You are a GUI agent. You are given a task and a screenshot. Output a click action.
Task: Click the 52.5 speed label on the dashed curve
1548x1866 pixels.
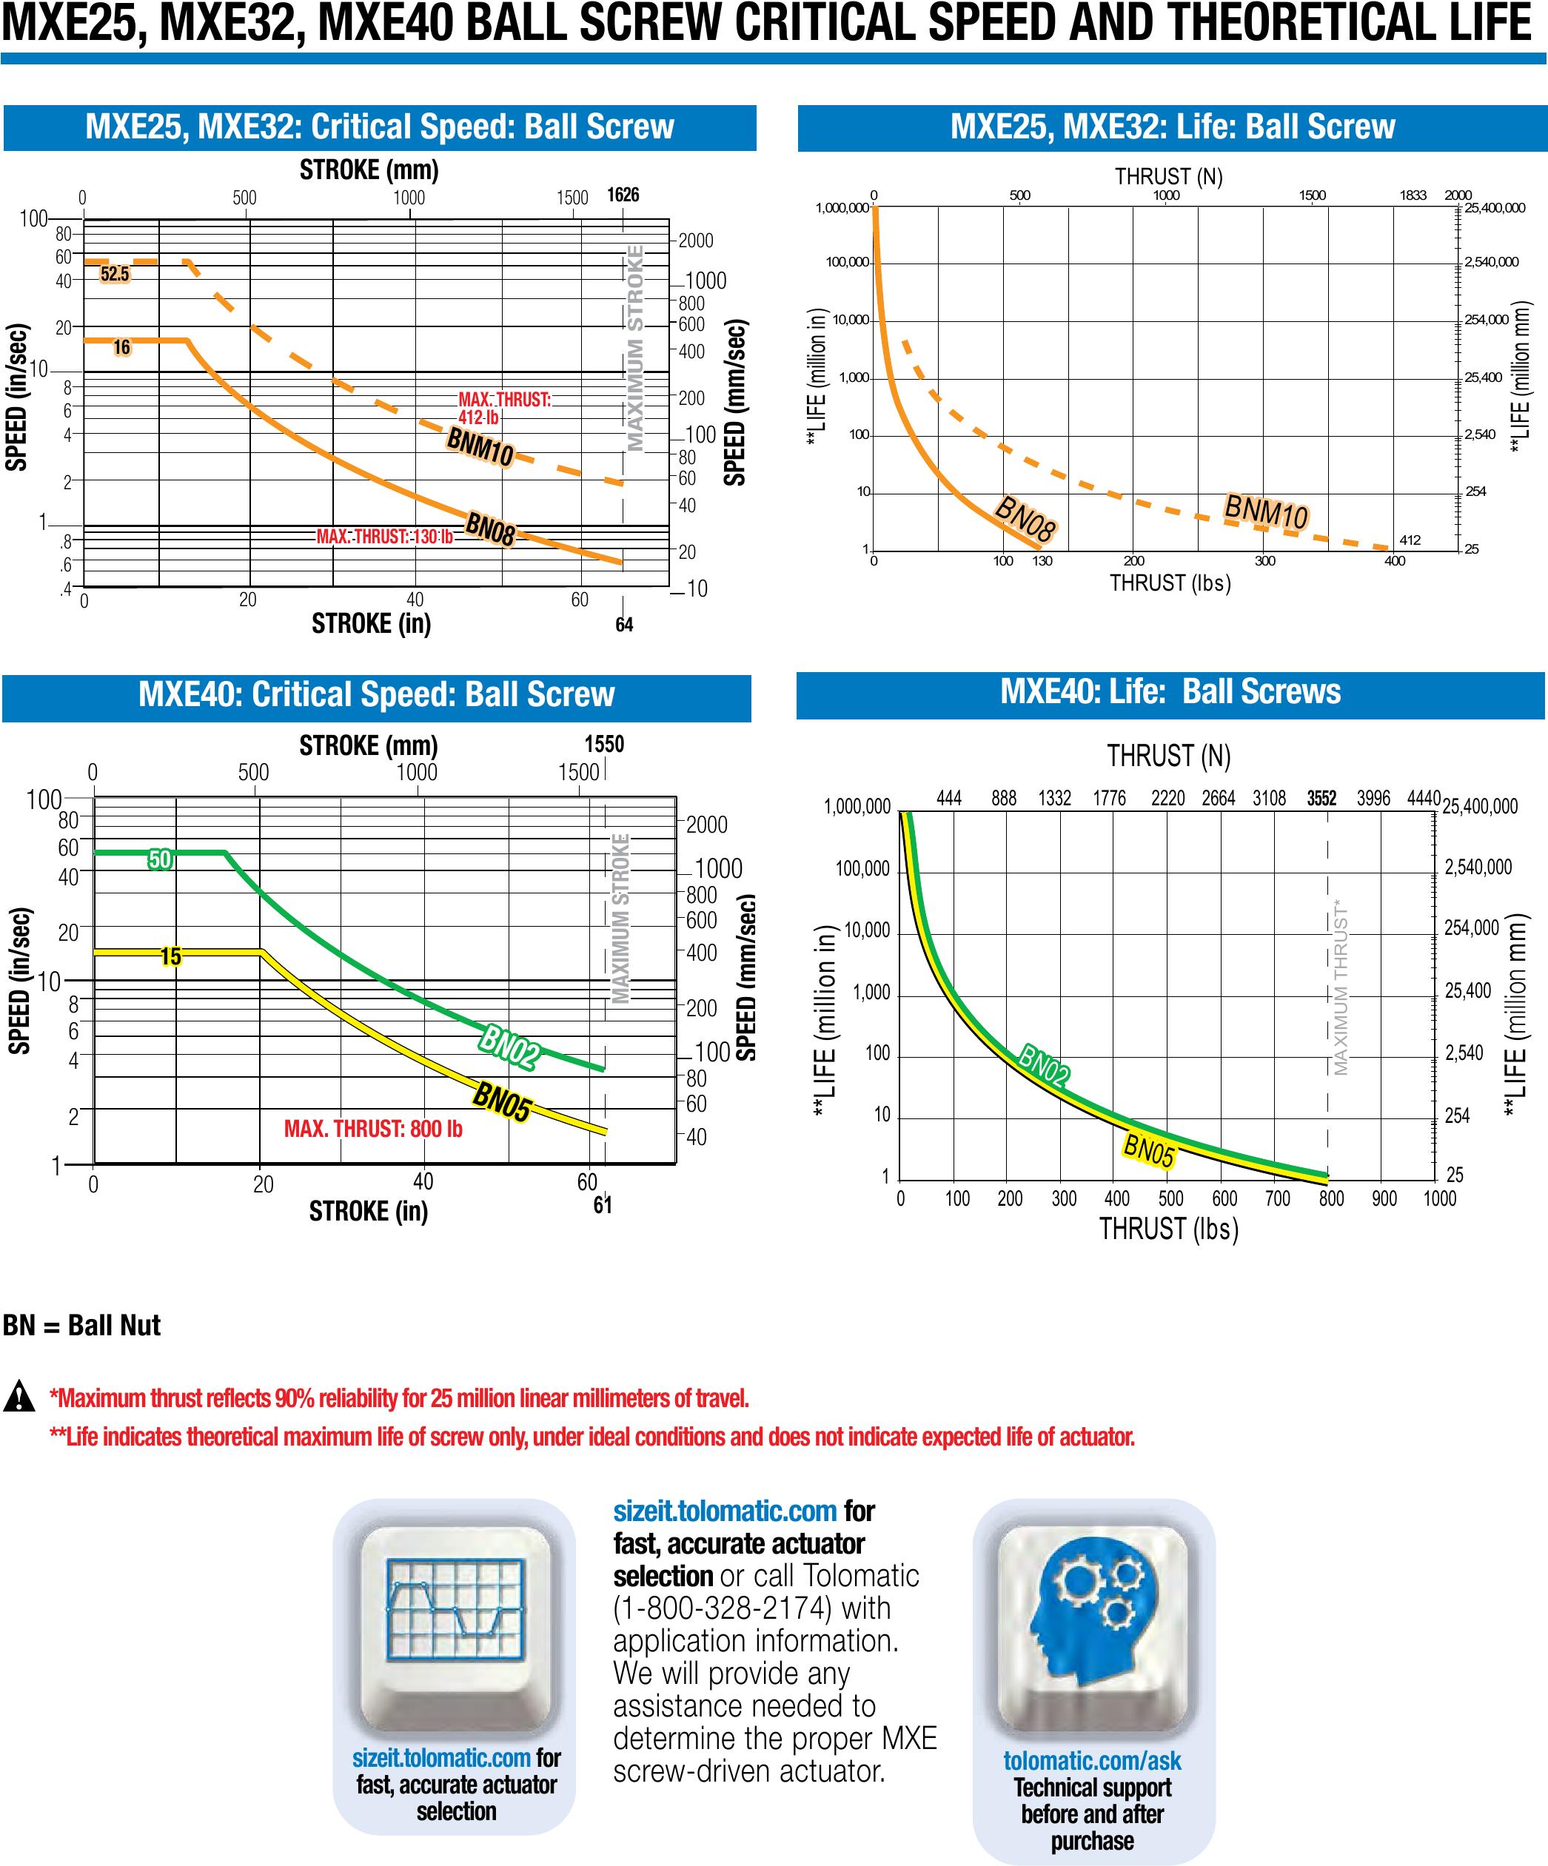point(115,274)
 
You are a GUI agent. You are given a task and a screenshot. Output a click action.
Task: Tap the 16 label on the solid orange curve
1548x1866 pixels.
point(121,347)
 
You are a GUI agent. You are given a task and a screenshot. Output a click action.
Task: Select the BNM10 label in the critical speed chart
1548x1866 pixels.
point(480,446)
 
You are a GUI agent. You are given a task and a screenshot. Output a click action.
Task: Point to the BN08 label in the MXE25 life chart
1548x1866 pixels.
point(1025,519)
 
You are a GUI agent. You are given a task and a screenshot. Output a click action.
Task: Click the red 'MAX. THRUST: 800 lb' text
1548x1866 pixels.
point(373,1129)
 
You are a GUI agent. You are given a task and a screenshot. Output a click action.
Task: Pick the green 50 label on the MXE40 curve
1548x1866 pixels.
point(160,859)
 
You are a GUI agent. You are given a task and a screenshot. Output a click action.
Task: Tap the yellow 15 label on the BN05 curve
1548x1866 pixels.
point(170,956)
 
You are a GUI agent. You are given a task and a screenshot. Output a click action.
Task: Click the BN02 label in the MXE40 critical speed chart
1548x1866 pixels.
point(509,1047)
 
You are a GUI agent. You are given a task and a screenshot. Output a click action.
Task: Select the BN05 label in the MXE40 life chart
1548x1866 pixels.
point(1149,1151)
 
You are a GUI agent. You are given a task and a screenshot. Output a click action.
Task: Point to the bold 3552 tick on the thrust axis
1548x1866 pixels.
point(1321,798)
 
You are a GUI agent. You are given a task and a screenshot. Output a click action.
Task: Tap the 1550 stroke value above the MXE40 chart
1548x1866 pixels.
point(604,744)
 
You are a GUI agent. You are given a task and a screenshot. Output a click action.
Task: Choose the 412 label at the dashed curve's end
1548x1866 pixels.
point(1410,540)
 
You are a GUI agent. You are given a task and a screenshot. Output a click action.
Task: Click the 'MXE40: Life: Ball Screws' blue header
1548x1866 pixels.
point(1170,692)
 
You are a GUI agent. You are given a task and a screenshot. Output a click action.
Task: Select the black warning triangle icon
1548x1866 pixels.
point(19,1397)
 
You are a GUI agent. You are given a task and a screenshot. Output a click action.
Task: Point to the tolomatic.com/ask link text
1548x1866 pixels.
point(1092,1761)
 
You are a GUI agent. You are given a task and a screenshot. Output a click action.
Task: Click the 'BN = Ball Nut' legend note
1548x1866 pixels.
point(81,1325)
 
